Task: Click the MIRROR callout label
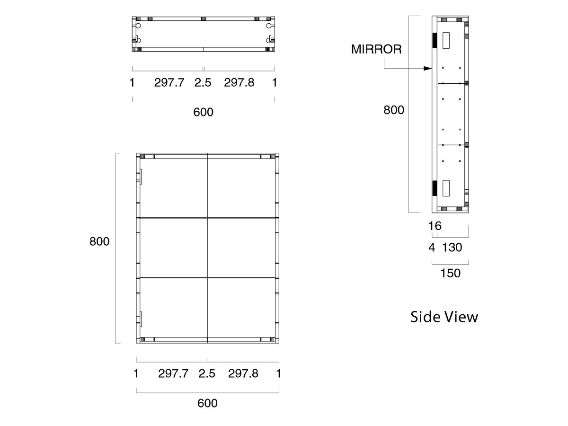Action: point(376,49)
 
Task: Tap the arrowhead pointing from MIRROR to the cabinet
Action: point(428,68)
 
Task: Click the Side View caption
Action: point(444,317)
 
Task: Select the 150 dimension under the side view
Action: point(450,273)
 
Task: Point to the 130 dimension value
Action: point(452,247)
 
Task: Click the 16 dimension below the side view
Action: point(435,226)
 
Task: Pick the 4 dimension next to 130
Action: point(431,247)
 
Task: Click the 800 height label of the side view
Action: point(394,110)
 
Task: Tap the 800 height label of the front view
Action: point(99,241)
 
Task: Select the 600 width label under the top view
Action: point(204,112)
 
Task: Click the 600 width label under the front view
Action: point(207,403)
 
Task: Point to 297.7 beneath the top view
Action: point(169,83)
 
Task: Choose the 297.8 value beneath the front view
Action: point(243,373)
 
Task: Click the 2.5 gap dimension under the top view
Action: point(203,83)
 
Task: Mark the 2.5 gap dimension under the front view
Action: point(207,373)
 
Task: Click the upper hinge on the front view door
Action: point(141,176)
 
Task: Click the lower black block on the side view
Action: point(434,188)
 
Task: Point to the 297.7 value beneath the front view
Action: point(173,373)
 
